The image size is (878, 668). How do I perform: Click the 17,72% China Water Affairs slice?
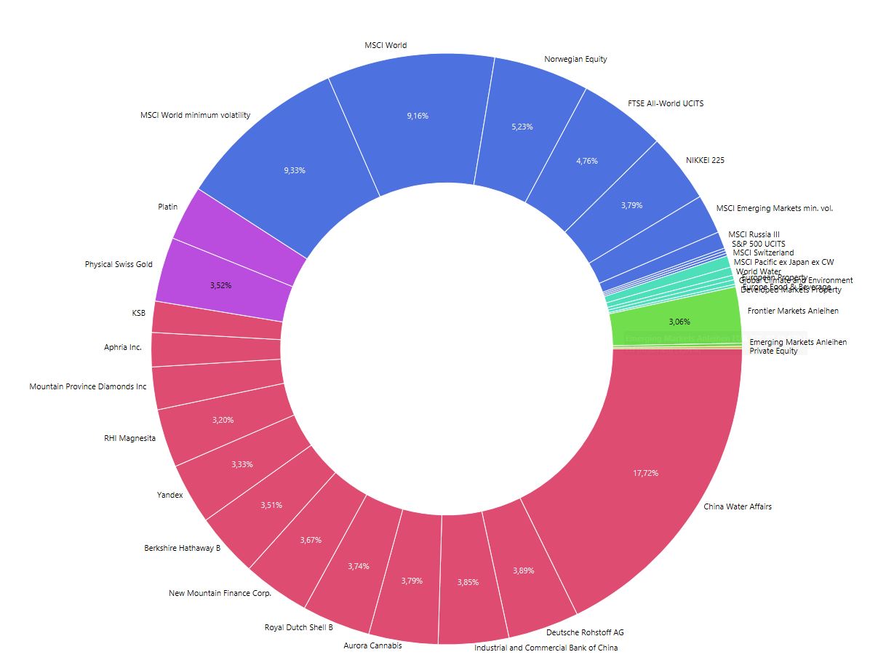point(646,473)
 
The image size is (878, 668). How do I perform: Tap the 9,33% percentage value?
point(294,170)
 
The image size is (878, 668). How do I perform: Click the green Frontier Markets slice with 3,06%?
point(679,321)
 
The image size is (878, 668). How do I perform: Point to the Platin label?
point(167,207)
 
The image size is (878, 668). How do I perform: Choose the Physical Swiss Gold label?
point(119,264)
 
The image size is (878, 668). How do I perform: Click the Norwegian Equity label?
point(575,59)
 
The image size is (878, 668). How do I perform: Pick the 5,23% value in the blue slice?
point(522,127)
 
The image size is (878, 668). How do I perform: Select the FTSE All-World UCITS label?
point(666,103)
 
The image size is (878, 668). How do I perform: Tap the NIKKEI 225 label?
point(705,160)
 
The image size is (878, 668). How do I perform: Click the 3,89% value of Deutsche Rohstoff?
point(523,570)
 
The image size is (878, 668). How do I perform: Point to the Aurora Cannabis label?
point(372,645)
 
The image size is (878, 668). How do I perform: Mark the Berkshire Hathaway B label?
point(182,548)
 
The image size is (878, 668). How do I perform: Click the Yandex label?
point(169,495)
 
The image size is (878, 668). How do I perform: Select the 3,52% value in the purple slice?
point(220,286)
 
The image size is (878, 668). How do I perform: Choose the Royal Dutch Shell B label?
point(298,627)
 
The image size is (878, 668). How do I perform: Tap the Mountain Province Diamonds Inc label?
point(87,386)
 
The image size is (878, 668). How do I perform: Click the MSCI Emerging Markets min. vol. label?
point(774,208)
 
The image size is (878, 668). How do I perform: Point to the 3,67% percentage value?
point(311,540)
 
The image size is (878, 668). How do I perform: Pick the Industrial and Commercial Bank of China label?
point(546,647)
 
